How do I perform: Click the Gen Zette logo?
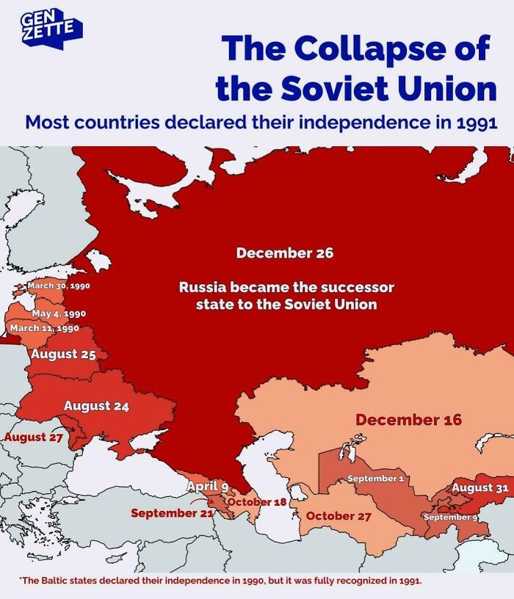coord(51,28)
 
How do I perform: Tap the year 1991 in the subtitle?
coord(475,121)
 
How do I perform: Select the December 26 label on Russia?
coord(285,253)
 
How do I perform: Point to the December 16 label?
coord(409,420)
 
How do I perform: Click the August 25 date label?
coord(64,354)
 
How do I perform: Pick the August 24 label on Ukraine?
coord(97,405)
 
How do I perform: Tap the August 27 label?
coord(35,438)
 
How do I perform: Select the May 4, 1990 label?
coord(59,314)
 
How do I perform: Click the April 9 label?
coord(208,486)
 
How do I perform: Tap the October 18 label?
coord(257,501)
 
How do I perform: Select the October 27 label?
coord(339,515)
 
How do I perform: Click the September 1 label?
coord(376,479)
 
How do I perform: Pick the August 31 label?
coord(480,487)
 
